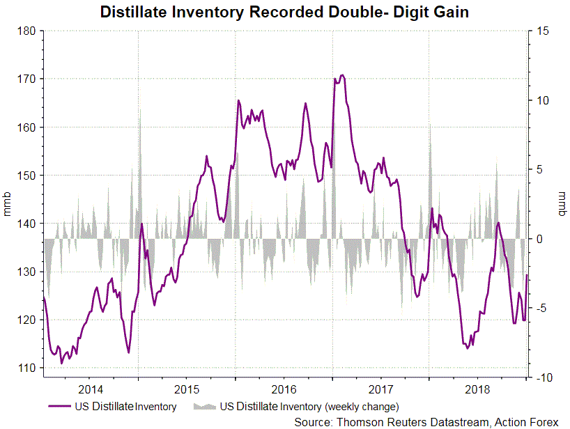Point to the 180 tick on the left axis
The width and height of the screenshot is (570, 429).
(26, 31)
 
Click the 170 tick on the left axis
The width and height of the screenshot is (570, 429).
(26, 79)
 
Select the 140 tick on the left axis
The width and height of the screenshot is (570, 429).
(26, 224)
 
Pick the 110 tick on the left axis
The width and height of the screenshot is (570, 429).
(26, 368)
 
